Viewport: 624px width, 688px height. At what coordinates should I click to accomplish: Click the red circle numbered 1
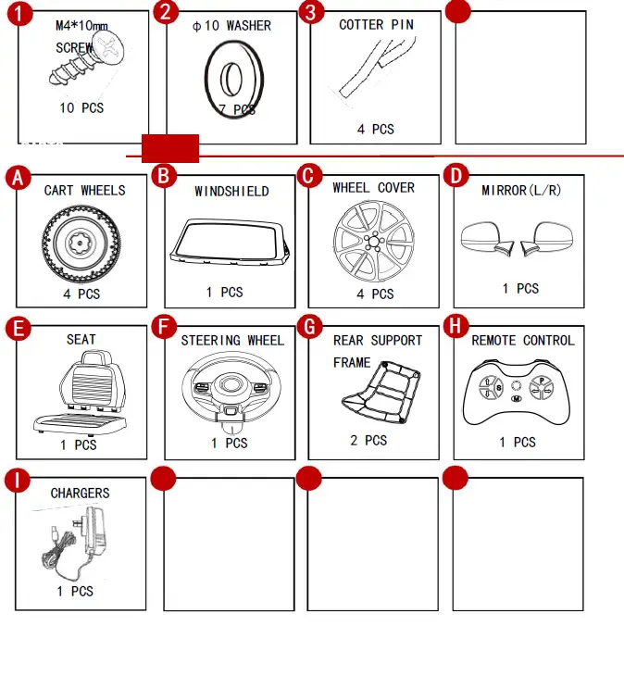pos(21,13)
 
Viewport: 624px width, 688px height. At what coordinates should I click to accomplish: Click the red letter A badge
pos(18,178)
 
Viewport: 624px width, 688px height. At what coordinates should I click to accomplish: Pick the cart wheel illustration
pos(81,242)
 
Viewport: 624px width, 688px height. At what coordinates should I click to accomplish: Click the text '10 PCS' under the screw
pos(81,108)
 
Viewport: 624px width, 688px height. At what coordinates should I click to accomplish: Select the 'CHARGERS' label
pos(80,494)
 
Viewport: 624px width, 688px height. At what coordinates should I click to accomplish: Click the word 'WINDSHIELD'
pos(231,192)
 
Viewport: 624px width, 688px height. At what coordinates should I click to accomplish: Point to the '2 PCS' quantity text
pos(368,440)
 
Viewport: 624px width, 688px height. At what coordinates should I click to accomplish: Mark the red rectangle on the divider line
pos(169,148)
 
